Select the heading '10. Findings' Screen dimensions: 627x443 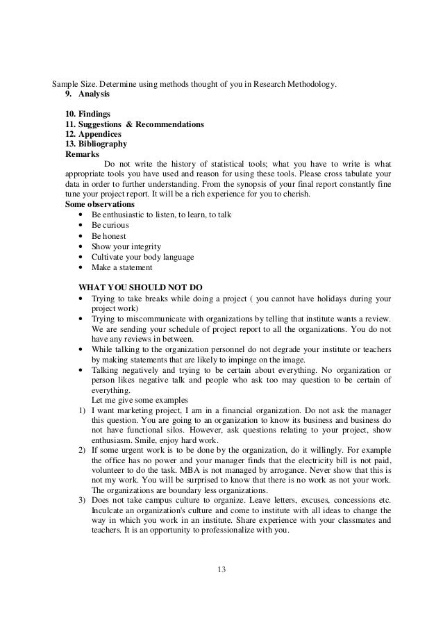click(85, 115)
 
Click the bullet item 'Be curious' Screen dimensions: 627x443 click(110, 226)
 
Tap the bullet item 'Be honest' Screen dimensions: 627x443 click(109, 236)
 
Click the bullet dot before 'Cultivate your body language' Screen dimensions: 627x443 click(83, 257)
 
